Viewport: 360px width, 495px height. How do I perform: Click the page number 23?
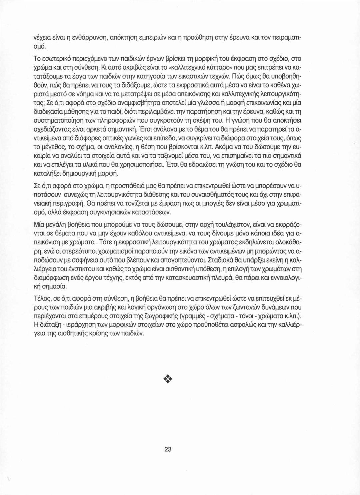[168, 449]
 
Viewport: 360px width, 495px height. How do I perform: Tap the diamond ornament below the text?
[167, 379]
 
